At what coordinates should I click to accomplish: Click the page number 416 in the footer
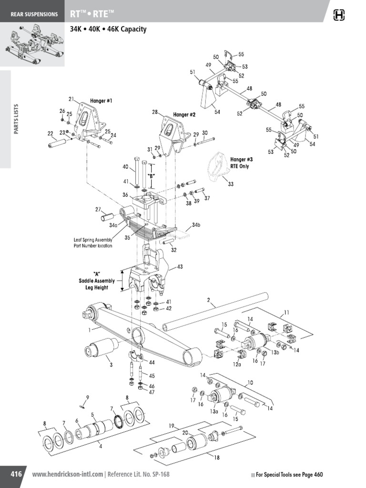[x=16, y=474]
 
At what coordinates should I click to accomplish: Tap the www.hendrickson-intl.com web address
[x=67, y=475]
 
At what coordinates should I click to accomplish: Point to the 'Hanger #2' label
[x=184, y=115]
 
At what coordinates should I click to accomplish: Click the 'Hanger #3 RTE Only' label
[x=239, y=163]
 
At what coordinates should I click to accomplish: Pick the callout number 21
[x=71, y=99]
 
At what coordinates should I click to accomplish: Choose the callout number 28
[x=154, y=112]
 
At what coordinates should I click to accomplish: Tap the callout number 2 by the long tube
[x=208, y=300]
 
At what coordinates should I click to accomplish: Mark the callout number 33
[x=231, y=184]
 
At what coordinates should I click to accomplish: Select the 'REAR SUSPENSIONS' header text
[x=34, y=14]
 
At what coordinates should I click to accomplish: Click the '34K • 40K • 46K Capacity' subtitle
[x=108, y=29]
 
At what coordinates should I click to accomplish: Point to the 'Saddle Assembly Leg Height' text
[x=96, y=281]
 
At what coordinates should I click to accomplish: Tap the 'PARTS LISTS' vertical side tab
[x=16, y=119]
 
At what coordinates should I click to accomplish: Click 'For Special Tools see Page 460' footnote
[x=289, y=475]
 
